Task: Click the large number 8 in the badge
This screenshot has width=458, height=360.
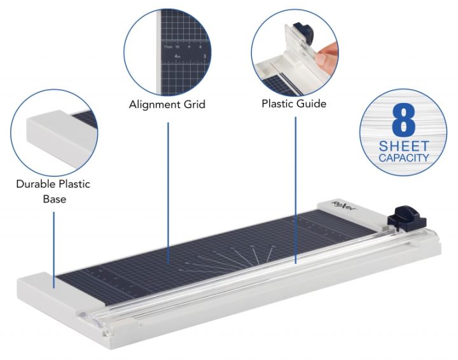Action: (x=404, y=119)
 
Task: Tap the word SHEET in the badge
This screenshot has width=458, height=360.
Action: (x=404, y=145)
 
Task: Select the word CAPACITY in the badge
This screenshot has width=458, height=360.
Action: (x=404, y=157)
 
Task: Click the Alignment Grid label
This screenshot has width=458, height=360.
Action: (x=167, y=104)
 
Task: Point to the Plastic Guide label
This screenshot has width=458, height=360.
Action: (x=295, y=104)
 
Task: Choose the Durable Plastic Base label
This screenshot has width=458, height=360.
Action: (x=53, y=191)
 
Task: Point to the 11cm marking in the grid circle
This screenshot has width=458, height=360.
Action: (x=167, y=46)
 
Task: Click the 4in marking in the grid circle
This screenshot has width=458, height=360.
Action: (x=178, y=57)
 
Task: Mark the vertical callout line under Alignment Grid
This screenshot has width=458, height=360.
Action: (x=168, y=191)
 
